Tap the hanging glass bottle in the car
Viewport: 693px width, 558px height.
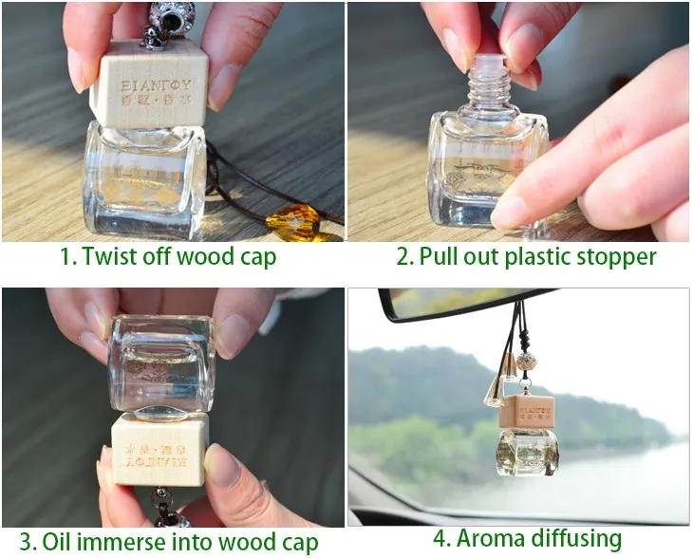point(526,452)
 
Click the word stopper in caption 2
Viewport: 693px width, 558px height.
point(611,257)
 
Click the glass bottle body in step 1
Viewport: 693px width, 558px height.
point(144,180)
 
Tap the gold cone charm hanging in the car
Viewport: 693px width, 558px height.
point(495,391)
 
